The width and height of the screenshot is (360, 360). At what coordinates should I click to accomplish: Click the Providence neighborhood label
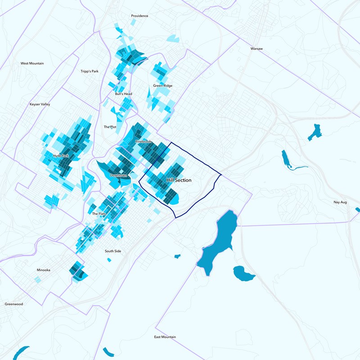[139, 16]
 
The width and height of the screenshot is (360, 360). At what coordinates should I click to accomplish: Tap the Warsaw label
[256, 48]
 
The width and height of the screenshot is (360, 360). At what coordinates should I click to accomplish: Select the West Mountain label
[32, 63]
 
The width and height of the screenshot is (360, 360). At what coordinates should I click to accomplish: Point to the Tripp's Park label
[89, 72]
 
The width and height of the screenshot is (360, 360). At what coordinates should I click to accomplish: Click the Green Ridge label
[162, 85]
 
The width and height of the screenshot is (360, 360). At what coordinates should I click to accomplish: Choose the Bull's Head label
[123, 94]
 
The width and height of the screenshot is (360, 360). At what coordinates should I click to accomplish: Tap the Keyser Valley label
[40, 104]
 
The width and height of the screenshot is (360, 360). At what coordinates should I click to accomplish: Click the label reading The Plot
[110, 127]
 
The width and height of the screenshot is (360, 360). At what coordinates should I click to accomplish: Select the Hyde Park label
[61, 156]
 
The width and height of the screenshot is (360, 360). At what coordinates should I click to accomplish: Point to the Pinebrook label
[144, 142]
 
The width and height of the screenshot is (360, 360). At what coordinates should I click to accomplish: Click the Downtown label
[119, 175]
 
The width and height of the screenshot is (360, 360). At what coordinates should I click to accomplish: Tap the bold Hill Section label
[179, 180]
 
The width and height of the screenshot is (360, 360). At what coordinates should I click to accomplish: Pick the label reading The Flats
[99, 214]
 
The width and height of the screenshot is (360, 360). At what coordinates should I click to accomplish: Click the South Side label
[113, 251]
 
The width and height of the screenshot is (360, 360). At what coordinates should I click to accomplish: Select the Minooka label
[44, 270]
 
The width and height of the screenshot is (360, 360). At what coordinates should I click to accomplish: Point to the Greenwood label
[14, 304]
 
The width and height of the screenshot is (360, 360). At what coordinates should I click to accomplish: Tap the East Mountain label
[165, 337]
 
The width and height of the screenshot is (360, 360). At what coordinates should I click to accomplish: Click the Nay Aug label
[340, 202]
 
